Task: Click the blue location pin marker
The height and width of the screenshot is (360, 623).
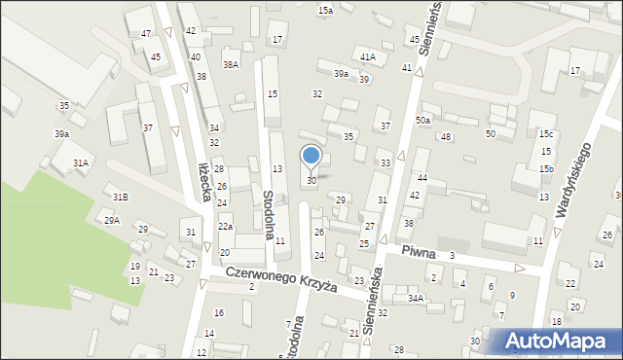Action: [x=311, y=157]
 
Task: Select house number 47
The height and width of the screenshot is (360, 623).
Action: [x=145, y=34]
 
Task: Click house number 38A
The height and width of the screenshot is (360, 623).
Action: [x=230, y=64]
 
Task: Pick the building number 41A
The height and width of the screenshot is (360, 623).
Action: [x=367, y=57]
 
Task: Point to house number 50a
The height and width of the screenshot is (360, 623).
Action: [x=422, y=120]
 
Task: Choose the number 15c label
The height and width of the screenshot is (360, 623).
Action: [x=547, y=133]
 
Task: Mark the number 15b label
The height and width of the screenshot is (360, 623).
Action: [x=547, y=168]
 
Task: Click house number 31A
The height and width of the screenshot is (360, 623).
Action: [x=81, y=163]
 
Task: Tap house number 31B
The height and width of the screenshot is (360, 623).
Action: [x=120, y=197]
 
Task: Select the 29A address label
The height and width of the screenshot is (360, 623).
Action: [x=112, y=221]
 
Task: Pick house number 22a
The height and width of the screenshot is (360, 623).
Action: [x=225, y=226]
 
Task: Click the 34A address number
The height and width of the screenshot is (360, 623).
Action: [x=416, y=298]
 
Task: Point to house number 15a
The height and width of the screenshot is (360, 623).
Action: [x=325, y=10]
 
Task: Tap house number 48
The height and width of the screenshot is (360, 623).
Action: [x=445, y=137]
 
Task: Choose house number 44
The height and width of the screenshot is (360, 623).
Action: [x=422, y=178]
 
